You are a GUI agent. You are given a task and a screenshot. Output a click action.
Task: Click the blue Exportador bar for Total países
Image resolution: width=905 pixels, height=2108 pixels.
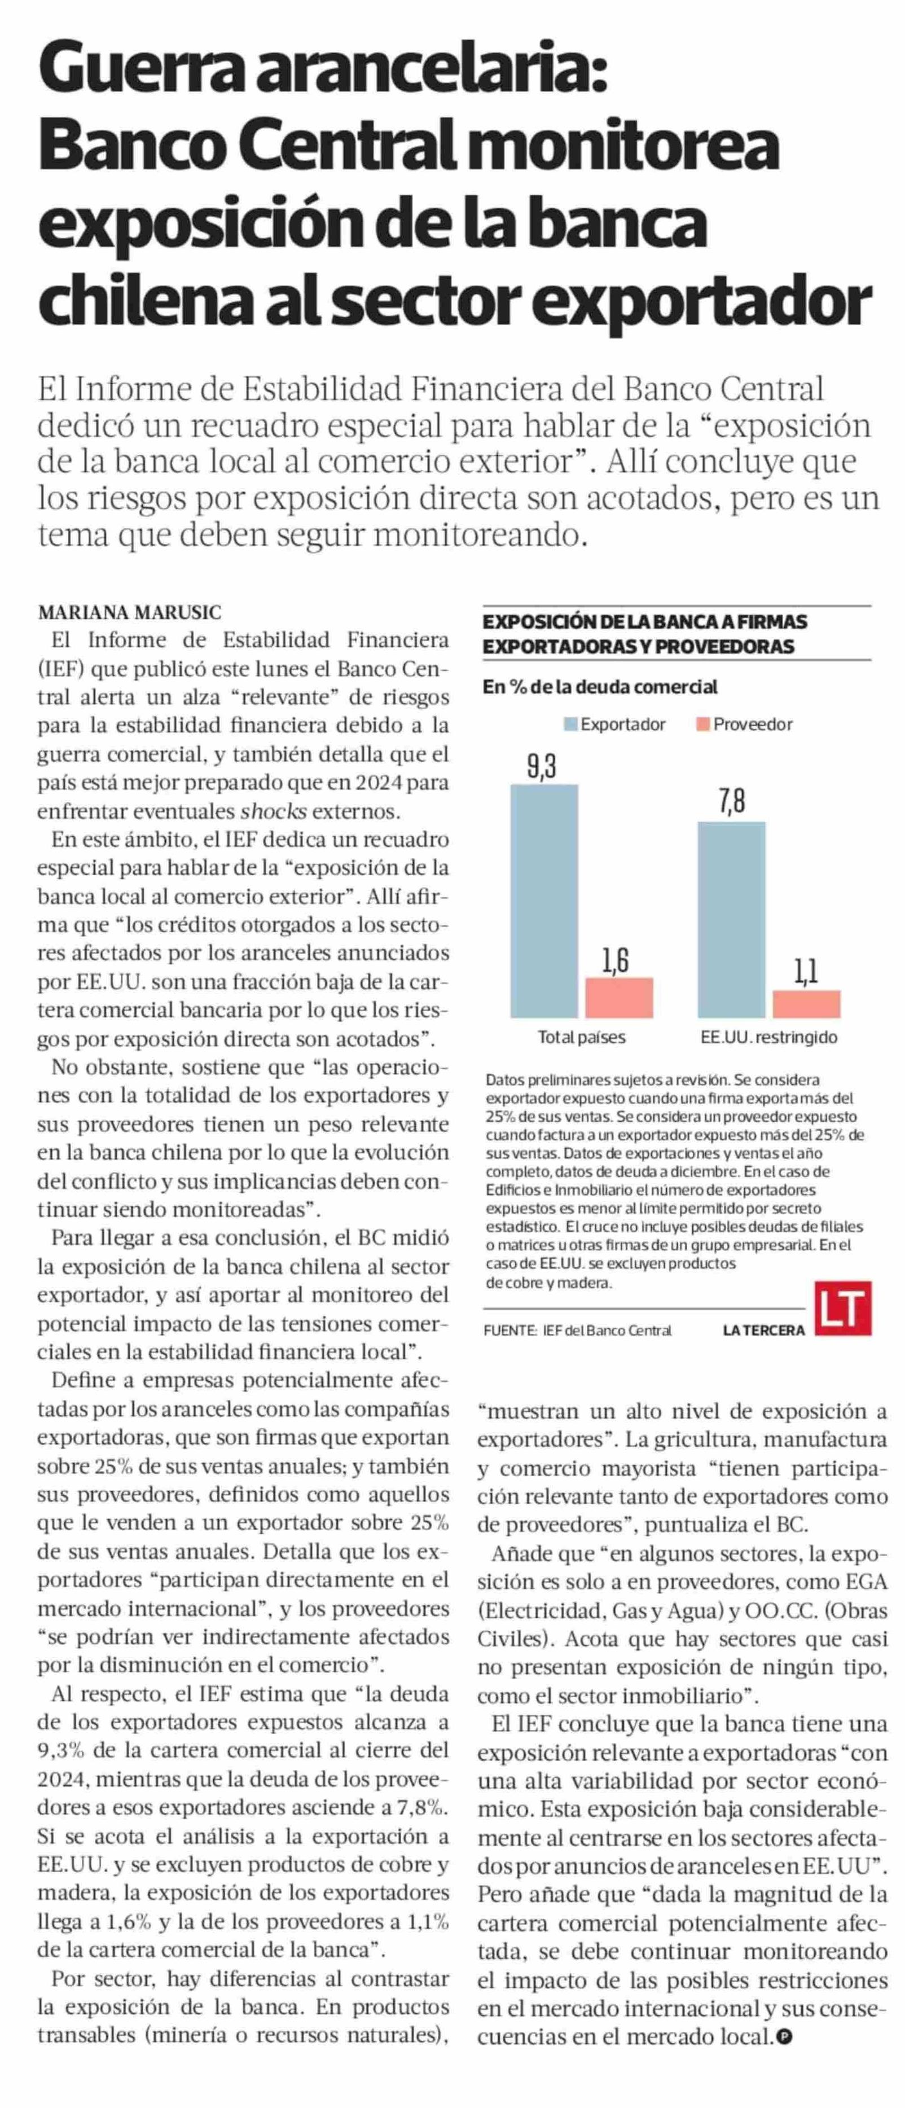point(544,900)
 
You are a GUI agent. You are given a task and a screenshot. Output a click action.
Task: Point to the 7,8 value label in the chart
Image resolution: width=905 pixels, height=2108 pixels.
point(732,802)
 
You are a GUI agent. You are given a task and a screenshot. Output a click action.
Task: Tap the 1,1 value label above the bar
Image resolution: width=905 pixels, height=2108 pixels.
point(806,972)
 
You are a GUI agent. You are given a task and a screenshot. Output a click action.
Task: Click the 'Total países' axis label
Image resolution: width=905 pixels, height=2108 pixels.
point(581,1037)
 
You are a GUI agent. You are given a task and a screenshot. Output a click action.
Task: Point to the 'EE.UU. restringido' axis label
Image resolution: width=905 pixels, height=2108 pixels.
point(768,1037)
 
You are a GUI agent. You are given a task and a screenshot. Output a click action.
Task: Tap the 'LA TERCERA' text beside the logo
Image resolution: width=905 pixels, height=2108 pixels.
point(763,1330)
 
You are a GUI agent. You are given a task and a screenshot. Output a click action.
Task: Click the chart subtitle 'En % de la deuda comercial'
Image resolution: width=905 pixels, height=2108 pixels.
point(600,687)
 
